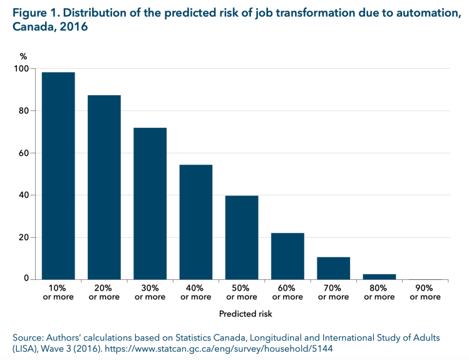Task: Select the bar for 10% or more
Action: [58, 176]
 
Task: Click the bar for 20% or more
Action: [104, 187]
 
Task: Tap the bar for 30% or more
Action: [150, 203]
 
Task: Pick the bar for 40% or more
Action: [196, 222]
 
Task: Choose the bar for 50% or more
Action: [242, 237]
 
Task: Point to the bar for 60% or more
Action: [287, 256]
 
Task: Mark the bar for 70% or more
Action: [333, 268]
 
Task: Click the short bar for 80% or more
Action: [379, 277]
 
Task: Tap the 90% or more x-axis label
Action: [425, 292]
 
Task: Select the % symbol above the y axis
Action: [24, 56]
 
